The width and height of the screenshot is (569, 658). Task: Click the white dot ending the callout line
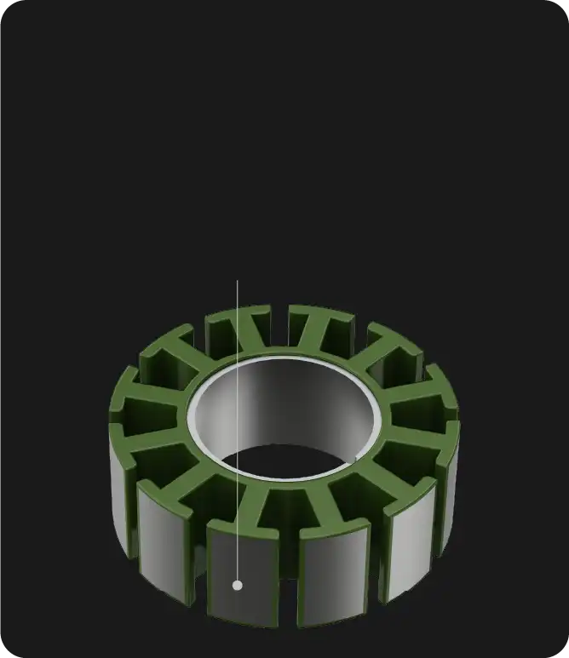pyautogui.click(x=238, y=585)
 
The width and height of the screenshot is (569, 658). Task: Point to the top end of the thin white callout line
pyautogui.click(x=238, y=281)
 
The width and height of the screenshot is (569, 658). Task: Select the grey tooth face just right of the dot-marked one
pyautogui.click(x=333, y=575)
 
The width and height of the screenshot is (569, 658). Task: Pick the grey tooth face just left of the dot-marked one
pyautogui.click(x=162, y=545)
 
